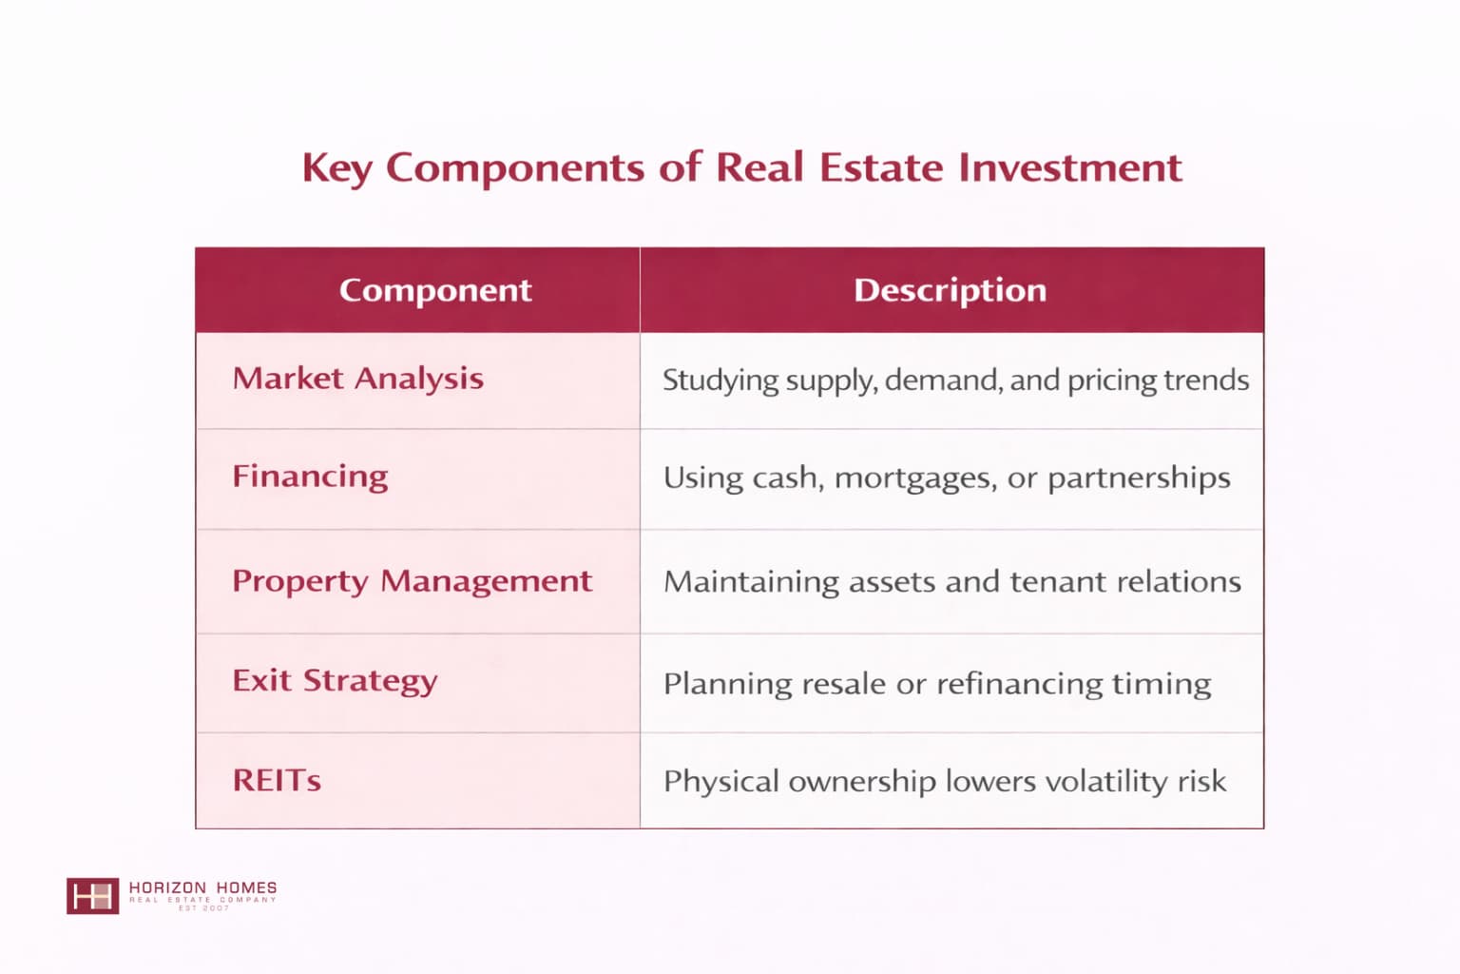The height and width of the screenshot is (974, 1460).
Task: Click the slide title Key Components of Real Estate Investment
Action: click(741, 167)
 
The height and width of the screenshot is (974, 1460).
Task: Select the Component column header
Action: click(435, 290)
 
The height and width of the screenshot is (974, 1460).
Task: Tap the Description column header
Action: click(951, 290)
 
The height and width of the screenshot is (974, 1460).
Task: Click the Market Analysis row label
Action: click(357, 379)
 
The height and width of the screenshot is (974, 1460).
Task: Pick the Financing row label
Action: click(310, 477)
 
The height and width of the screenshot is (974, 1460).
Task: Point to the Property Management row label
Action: click(412, 581)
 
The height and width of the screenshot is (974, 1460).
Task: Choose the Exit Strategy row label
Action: click(335, 681)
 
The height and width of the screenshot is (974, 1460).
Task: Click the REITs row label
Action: click(277, 780)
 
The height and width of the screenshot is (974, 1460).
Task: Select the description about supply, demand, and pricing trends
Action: click(955, 380)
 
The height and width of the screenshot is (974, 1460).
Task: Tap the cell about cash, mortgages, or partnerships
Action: click(947, 478)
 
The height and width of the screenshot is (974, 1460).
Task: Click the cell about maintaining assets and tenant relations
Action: click(952, 581)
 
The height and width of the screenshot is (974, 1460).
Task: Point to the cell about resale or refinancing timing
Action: click(937, 684)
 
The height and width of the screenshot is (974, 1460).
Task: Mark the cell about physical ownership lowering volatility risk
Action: click(945, 782)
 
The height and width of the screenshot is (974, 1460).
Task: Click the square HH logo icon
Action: click(92, 896)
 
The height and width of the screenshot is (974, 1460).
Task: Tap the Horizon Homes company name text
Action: click(202, 887)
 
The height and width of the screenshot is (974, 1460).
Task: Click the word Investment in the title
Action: click(1070, 167)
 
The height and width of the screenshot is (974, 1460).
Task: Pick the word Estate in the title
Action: click(881, 167)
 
